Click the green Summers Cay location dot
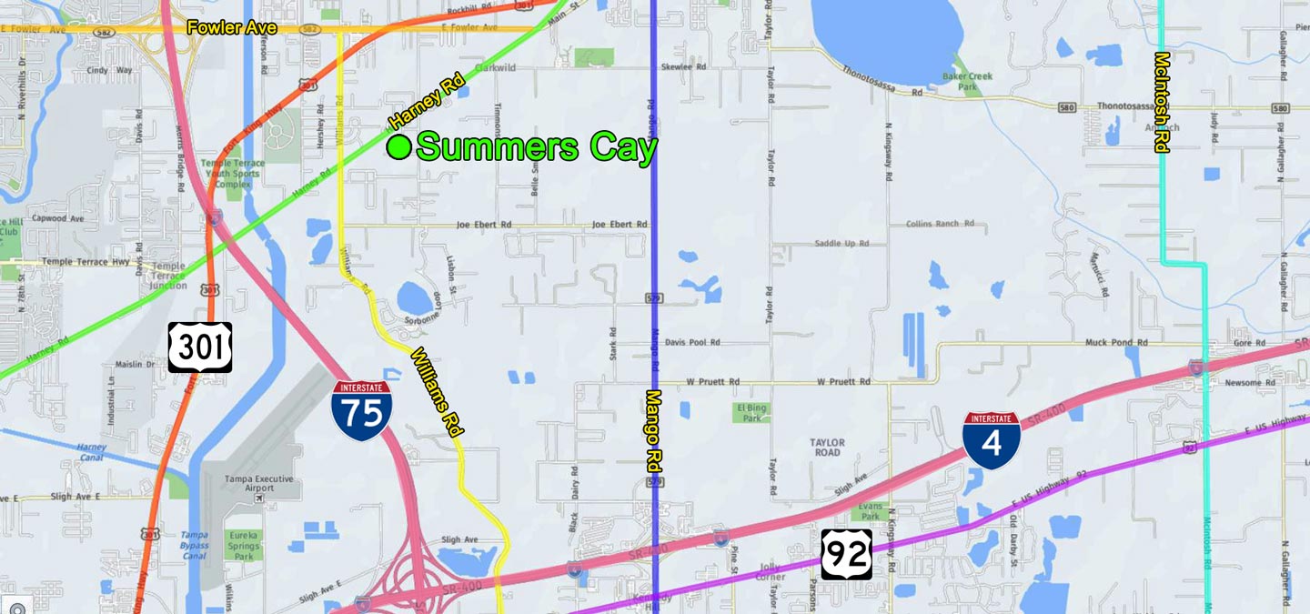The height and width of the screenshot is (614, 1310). click(398, 146)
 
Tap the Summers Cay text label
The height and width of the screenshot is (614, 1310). click(536, 147)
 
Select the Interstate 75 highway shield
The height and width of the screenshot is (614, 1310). click(362, 411)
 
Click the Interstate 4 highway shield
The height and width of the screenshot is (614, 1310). click(992, 440)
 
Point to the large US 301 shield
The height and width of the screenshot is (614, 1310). click(200, 347)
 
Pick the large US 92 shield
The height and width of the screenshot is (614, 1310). click(847, 554)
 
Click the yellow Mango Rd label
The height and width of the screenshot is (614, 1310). click(652, 429)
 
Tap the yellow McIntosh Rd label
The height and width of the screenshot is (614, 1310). click(1161, 102)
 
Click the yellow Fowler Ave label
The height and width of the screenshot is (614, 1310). click(231, 27)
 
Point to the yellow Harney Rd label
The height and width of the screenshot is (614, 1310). click(427, 101)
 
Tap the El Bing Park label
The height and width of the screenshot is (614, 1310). click(751, 413)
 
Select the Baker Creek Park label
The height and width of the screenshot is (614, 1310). click(967, 82)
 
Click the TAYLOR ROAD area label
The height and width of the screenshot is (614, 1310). click(827, 448)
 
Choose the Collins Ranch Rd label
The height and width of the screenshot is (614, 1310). click(940, 224)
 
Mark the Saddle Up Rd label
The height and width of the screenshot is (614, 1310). click(841, 244)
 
